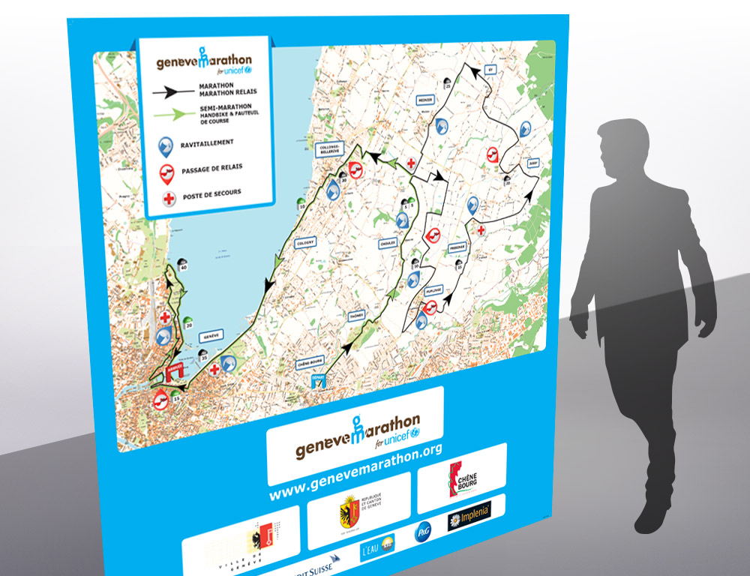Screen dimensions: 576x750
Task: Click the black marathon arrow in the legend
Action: pos(172,90)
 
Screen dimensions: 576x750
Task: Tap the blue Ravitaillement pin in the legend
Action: pos(164,145)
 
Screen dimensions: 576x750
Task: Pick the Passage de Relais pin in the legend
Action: pos(164,172)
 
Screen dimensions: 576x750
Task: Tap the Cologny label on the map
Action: pos(306,242)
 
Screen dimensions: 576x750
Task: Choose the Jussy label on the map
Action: pos(533,162)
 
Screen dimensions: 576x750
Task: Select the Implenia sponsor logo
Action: pos(469,514)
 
